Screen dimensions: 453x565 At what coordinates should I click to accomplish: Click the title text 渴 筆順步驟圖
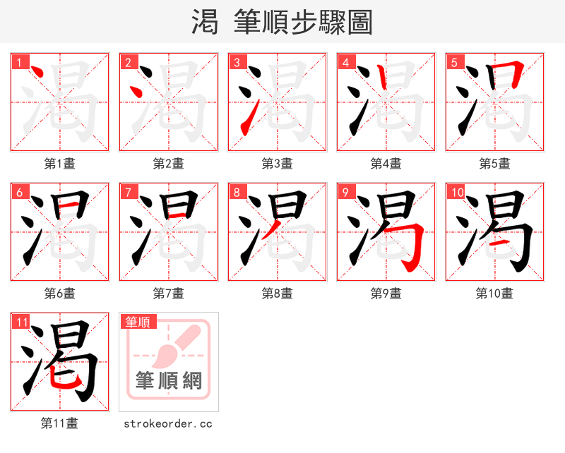tap(282, 22)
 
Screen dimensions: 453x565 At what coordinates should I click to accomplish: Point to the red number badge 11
tap(22, 322)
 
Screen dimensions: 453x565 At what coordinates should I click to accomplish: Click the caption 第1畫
tap(59, 164)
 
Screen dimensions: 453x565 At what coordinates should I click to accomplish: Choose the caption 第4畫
tap(386, 164)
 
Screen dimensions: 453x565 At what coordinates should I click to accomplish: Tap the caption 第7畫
tap(168, 294)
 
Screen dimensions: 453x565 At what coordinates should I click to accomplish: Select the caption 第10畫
tap(494, 294)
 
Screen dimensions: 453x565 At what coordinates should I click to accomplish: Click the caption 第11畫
tap(59, 423)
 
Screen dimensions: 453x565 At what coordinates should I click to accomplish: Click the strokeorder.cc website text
tap(168, 424)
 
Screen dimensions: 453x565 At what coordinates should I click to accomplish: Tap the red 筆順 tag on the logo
tap(138, 322)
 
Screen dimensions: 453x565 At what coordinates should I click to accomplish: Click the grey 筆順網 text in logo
tap(169, 381)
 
